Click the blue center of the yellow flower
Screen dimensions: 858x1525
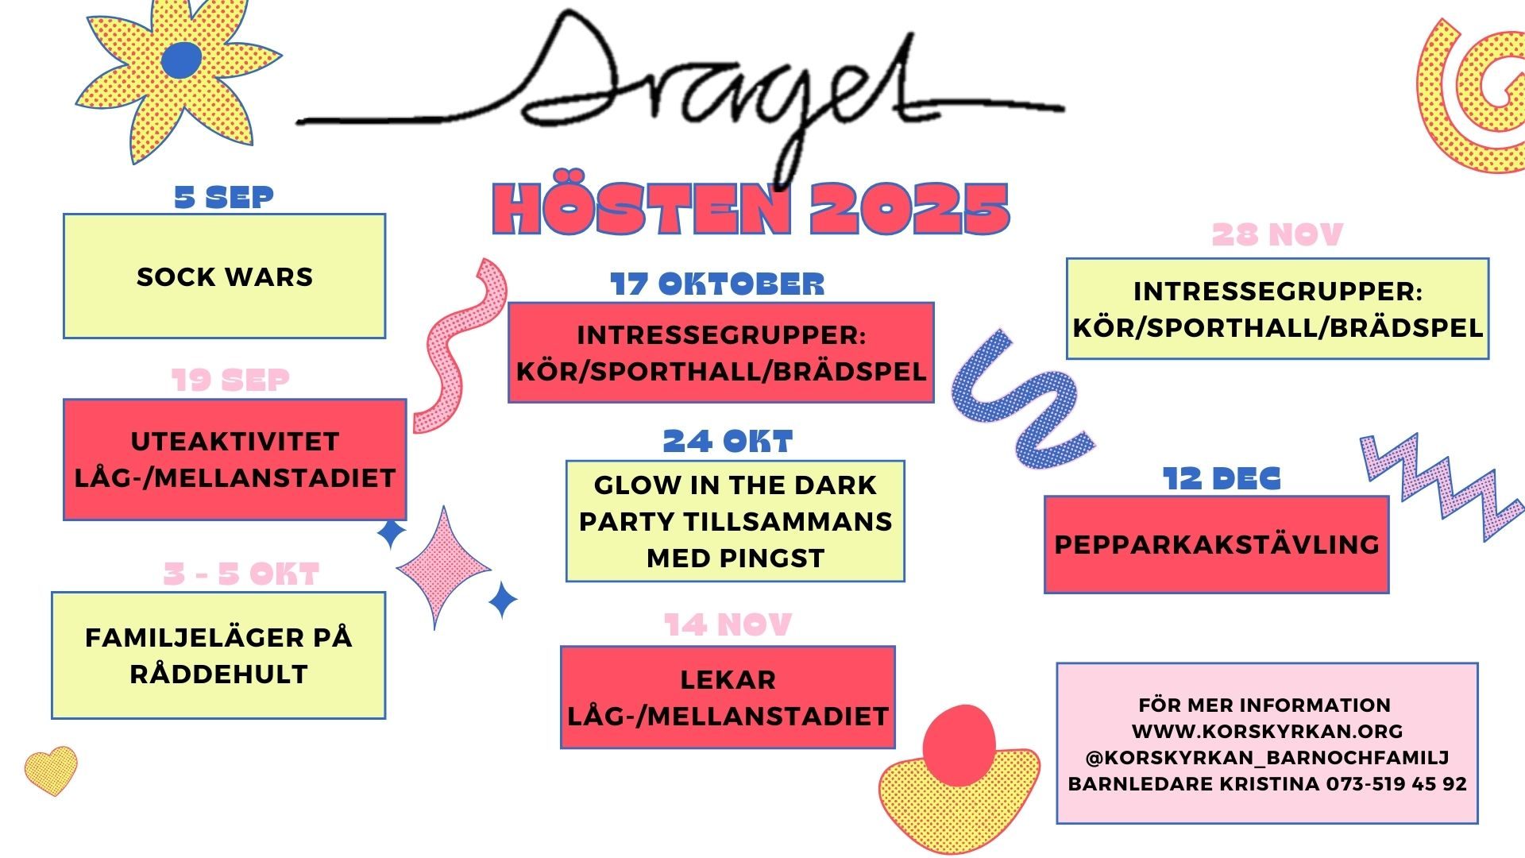pos(182,61)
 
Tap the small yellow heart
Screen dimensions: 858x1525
pos(51,768)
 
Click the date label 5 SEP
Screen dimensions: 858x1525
pos(224,197)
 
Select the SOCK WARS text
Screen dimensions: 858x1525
pos(225,277)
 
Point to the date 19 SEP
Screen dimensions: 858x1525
pos(230,380)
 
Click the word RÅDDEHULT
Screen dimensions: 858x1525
pos(218,674)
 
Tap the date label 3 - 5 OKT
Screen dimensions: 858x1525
pos(241,574)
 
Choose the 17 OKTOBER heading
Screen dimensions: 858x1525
pos(717,284)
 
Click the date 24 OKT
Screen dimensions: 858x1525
pos(728,442)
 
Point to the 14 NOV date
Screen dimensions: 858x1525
pos(728,625)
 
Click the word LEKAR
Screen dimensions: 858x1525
pos(728,680)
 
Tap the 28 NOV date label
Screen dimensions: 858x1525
pos(1277,235)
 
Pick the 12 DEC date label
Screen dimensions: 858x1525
pos(1222,479)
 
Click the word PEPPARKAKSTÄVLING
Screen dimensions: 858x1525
pos(1216,545)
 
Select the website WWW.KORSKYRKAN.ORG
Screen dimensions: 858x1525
pos(1267,732)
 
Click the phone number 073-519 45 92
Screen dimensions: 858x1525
pos(1396,784)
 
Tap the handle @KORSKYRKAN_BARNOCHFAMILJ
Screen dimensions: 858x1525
pos(1267,758)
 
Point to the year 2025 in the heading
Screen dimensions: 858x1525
pos(909,210)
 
